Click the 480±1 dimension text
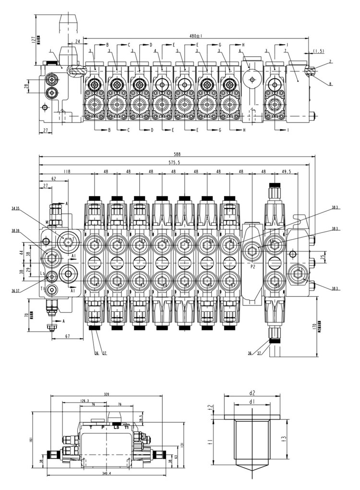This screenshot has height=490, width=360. tap(195, 36)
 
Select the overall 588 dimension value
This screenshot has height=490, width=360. tap(178, 155)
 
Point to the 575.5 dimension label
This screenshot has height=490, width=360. tap(174, 163)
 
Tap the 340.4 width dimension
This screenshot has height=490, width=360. tap(106, 473)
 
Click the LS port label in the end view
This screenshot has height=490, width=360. tap(116, 427)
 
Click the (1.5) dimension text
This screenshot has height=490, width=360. tap(319, 51)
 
